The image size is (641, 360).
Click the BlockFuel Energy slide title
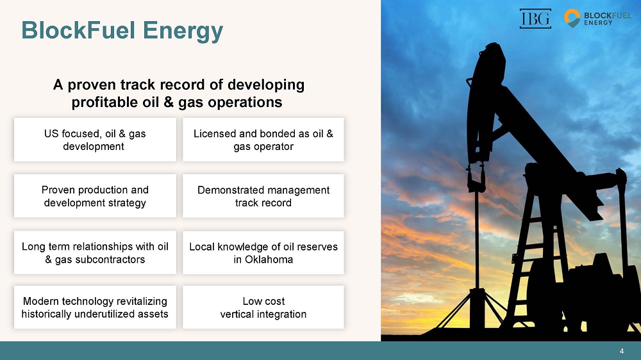pyautogui.click(x=122, y=31)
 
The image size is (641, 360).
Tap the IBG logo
pyautogui.click(x=535, y=19)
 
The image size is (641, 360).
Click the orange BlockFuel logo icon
pyautogui.click(x=572, y=18)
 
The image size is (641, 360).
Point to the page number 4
pyautogui.click(x=621, y=351)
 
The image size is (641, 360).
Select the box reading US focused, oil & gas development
pyautogui.click(x=96, y=140)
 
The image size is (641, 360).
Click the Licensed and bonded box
pyautogui.click(x=263, y=140)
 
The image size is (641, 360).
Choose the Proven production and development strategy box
pyautogui.click(x=96, y=196)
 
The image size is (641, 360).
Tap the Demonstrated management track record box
pyautogui.click(x=263, y=196)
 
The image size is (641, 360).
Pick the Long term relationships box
pyautogui.click(x=96, y=252)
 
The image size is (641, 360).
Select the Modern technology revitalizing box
pyautogui.click(x=96, y=307)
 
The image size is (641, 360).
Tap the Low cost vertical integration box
pyautogui.click(x=263, y=307)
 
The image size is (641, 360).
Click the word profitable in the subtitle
pyautogui.click(x=105, y=102)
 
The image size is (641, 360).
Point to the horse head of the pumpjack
pyautogui.click(x=486, y=102)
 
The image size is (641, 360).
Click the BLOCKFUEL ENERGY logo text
pyautogui.click(x=608, y=19)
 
